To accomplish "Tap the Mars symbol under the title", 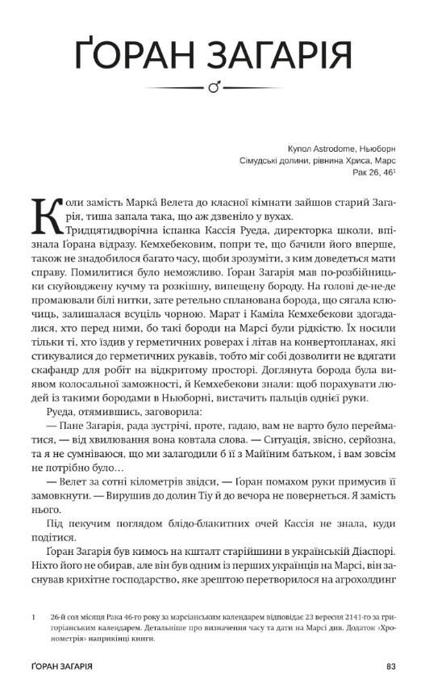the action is [x=214, y=87].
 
